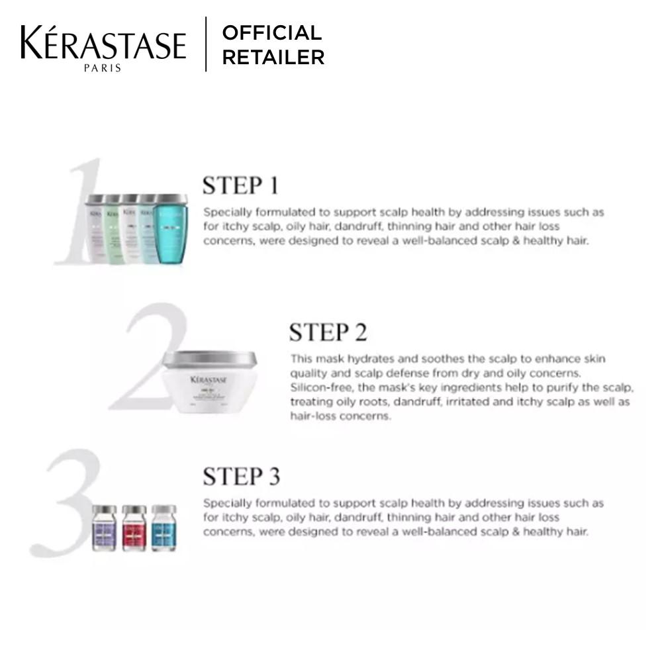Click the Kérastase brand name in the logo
click(x=103, y=43)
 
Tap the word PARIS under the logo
click(x=103, y=68)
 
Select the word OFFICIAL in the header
click(x=271, y=32)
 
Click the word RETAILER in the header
click(x=273, y=58)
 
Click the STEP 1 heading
click(x=240, y=186)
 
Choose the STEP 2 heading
click(x=327, y=332)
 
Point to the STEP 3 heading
click(x=241, y=476)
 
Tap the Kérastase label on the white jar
click(x=209, y=380)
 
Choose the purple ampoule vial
click(x=104, y=528)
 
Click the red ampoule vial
click(x=134, y=528)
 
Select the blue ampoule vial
click(x=164, y=528)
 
